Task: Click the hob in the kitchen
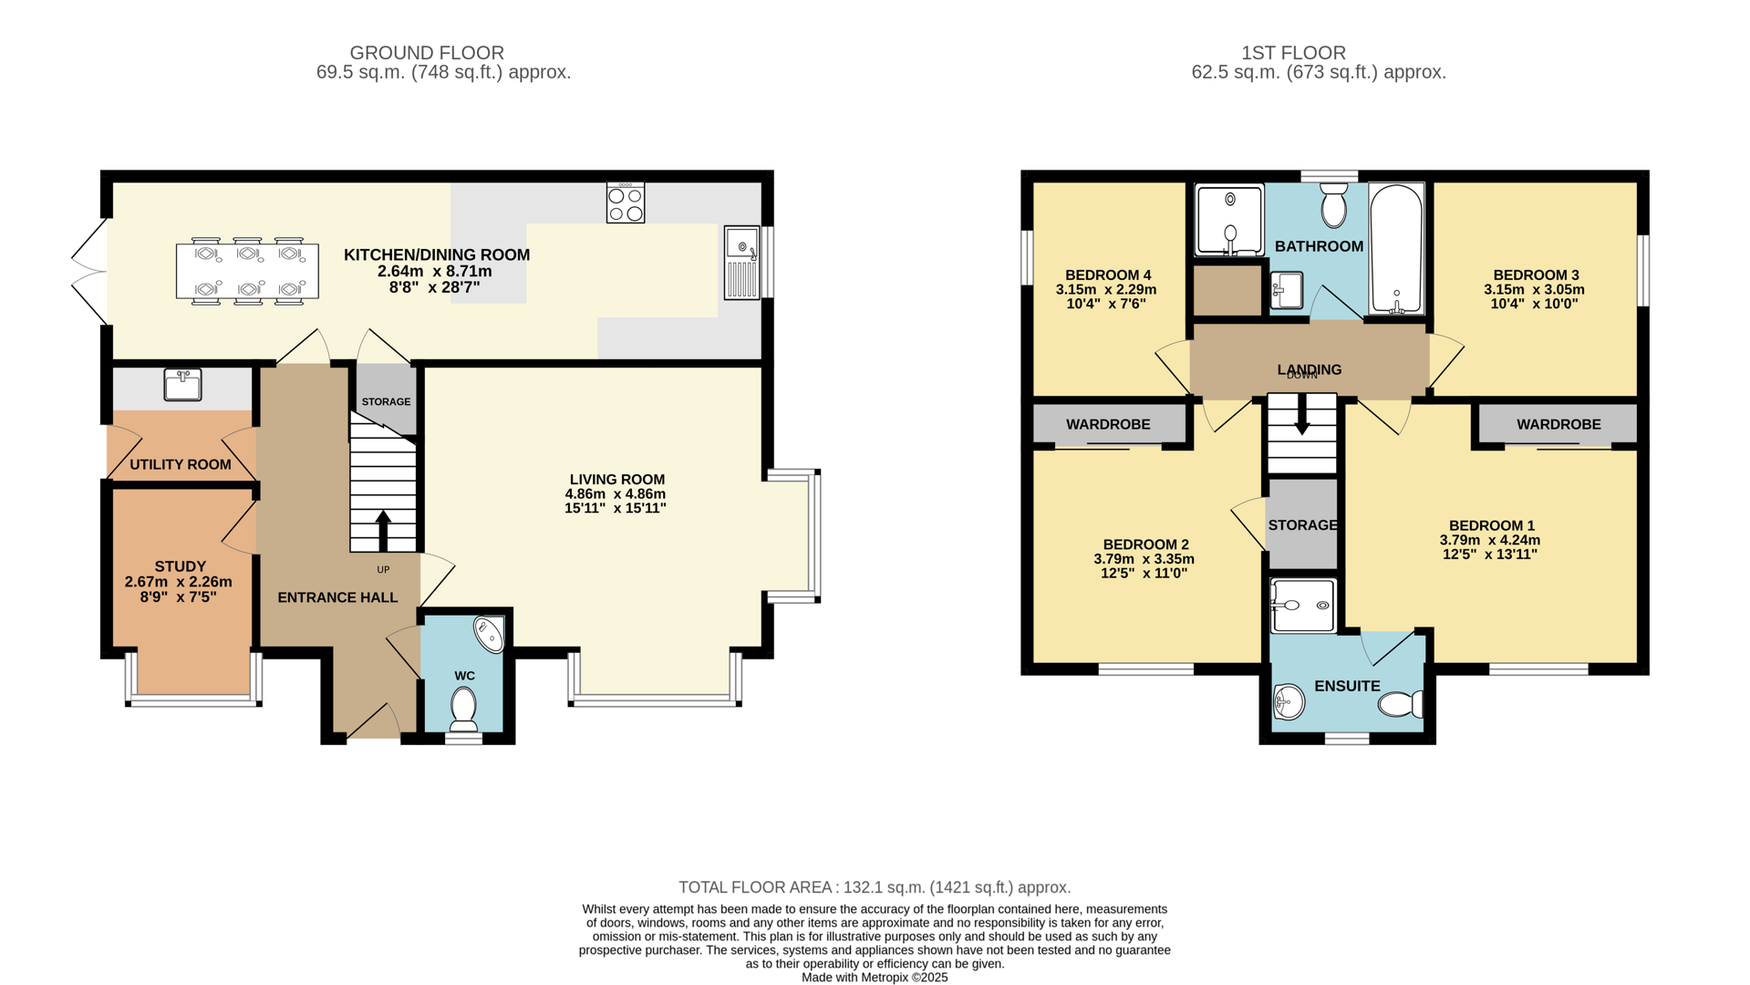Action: pyautogui.click(x=626, y=203)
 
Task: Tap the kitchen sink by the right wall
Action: pyautogui.click(x=741, y=262)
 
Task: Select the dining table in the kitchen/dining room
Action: pyautogui.click(x=247, y=271)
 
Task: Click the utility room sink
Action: pyautogui.click(x=182, y=384)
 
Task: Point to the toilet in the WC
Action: pyautogui.click(x=463, y=708)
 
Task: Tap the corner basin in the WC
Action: pyautogui.click(x=490, y=635)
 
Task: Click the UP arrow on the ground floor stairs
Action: pyautogui.click(x=383, y=530)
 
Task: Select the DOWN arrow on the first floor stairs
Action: pyautogui.click(x=1301, y=415)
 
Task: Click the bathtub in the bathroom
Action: pyautogui.click(x=1396, y=248)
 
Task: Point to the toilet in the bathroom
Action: pyautogui.click(x=1333, y=205)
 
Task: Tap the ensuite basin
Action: pyautogui.click(x=1288, y=700)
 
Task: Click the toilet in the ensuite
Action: pyautogui.click(x=1400, y=704)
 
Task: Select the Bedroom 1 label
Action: pyautogui.click(x=1491, y=525)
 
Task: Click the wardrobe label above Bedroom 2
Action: pyautogui.click(x=1108, y=424)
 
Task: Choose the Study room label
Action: pyautogui.click(x=180, y=566)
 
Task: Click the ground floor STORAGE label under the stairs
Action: pyautogui.click(x=386, y=401)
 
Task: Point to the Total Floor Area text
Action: pyautogui.click(x=874, y=887)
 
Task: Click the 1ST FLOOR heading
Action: pyautogui.click(x=1293, y=53)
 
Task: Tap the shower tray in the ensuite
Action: pyautogui.click(x=1302, y=606)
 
